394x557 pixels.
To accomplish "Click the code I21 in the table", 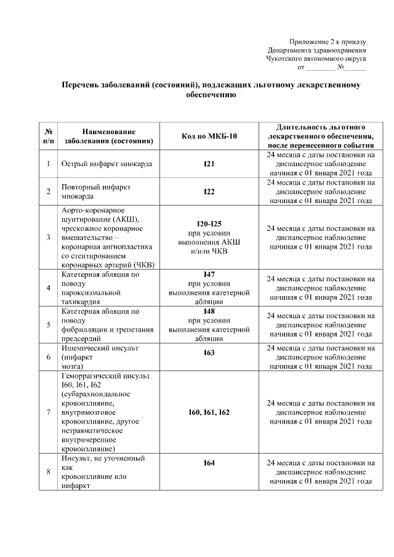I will pyautogui.click(x=209, y=164).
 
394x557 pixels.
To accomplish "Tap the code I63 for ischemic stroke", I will pyautogui.click(x=209, y=353).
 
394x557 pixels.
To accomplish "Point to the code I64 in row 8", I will pyautogui.click(x=209, y=463).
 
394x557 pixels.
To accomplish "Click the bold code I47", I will pyautogui.click(x=209, y=274).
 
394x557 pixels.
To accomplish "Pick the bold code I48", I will pyautogui.click(x=209, y=311).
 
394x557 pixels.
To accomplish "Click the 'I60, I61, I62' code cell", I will pyautogui.click(x=209, y=412).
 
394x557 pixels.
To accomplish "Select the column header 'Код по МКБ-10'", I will pyautogui.click(x=209, y=136).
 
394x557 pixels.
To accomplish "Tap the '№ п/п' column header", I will pyautogui.click(x=48, y=136).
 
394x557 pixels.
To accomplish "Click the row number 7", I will pyautogui.click(x=48, y=412).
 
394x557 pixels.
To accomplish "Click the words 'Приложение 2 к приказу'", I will pyautogui.click(x=328, y=41).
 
